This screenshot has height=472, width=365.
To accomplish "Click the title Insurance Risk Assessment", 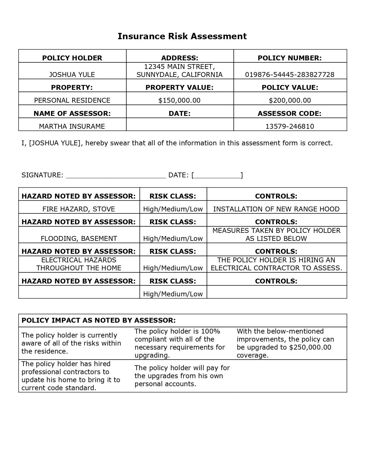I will click(182, 36).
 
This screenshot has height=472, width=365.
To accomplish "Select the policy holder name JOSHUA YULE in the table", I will click(72, 75).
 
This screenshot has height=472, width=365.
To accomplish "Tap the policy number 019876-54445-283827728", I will click(290, 75).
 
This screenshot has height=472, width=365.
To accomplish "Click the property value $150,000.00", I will click(179, 100).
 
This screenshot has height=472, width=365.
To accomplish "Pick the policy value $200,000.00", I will click(290, 100).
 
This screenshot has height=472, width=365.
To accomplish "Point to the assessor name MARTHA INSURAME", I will click(72, 126).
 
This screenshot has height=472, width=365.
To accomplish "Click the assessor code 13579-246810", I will click(290, 126).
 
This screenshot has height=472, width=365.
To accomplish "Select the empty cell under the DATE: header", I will click(180, 125).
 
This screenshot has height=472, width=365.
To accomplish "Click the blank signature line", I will click(116, 175).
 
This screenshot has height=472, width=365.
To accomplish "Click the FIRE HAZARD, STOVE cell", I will click(79, 209).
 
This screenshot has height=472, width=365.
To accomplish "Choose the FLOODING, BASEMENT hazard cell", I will click(79, 239).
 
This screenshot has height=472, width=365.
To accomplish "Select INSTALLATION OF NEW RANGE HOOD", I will click(276, 209).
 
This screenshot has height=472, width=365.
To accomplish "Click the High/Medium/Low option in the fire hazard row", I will click(173, 209).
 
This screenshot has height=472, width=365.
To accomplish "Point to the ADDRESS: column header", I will click(179, 58).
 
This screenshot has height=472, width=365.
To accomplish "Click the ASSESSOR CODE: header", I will click(289, 114).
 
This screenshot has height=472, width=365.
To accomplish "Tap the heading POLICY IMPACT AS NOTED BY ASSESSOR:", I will click(98, 320).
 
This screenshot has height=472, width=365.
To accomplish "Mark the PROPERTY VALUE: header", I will click(179, 88).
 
